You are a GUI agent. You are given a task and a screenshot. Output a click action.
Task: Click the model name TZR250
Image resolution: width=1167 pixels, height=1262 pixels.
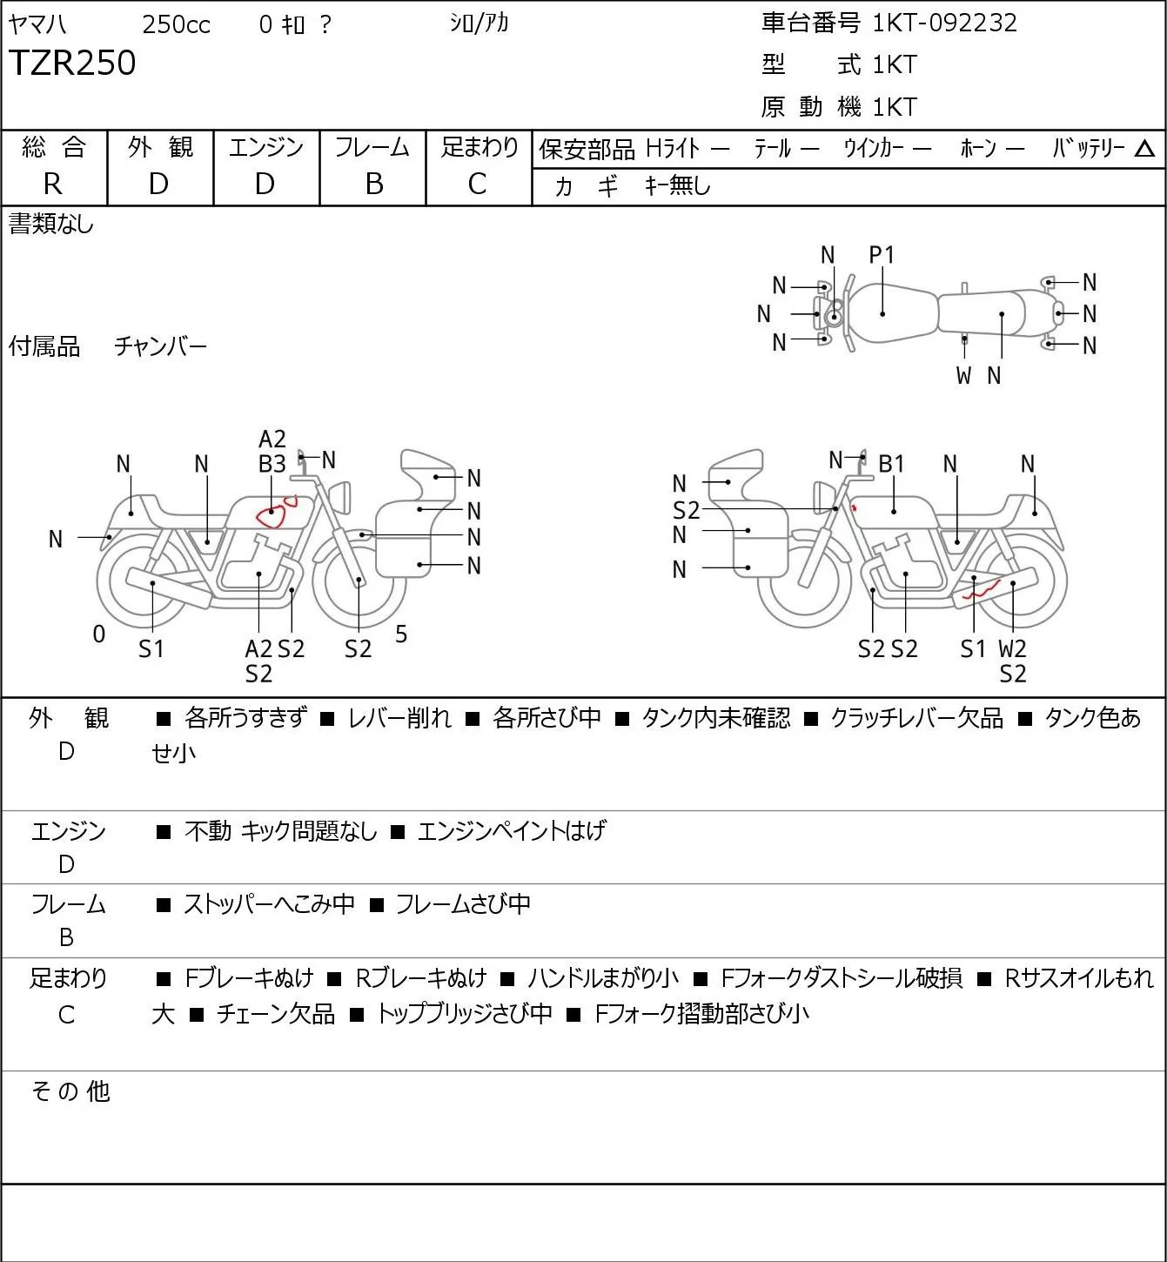[x=72, y=63]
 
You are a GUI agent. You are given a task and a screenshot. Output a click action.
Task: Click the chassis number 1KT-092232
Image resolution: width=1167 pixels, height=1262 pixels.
[x=944, y=23]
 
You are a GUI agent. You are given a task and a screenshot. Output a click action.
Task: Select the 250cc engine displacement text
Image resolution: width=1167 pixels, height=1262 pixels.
[x=176, y=24]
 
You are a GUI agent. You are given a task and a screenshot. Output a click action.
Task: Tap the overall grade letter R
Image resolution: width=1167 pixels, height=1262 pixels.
[x=53, y=185]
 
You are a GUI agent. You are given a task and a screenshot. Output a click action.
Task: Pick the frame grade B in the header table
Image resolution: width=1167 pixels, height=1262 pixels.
[x=373, y=185]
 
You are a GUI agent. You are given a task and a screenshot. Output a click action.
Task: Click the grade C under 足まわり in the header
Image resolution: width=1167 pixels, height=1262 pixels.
[x=478, y=185]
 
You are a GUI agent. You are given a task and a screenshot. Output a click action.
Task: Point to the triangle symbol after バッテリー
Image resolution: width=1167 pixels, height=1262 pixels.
[x=1144, y=149]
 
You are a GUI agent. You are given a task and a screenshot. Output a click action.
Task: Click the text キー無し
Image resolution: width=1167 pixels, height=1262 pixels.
[x=678, y=185]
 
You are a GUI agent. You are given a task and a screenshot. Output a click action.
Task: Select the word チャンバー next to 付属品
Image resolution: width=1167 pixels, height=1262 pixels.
[x=161, y=346]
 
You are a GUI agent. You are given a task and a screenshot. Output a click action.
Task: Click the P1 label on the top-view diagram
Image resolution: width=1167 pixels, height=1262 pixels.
[x=882, y=255]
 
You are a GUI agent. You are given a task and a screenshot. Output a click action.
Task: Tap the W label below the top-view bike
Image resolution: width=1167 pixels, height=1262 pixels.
[x=963, y=375]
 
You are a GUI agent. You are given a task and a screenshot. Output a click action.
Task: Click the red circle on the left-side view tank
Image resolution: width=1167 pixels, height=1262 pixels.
[x=271, y=516]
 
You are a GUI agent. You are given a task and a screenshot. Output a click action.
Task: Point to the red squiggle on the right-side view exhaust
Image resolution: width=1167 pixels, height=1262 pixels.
[x=982, y=590]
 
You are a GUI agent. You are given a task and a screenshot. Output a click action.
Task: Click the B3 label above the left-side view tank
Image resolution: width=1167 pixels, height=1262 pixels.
[x=272, y=465]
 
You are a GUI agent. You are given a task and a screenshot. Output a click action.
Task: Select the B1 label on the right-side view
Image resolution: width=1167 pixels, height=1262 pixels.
[x=891, y=465]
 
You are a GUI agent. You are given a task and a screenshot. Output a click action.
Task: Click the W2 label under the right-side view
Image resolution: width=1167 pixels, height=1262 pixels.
[x=1013, y=648]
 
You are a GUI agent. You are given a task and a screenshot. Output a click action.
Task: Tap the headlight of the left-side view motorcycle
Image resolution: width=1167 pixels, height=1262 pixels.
[x=340, y=497]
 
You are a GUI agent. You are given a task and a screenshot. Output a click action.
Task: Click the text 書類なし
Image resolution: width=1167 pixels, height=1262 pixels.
[x=50, y=225]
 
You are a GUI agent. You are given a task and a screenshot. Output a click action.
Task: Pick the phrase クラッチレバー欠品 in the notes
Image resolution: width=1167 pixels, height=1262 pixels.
[x=916, y=718]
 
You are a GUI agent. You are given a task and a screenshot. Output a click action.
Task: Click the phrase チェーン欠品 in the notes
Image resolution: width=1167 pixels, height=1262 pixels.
[x=276, y=1014]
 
